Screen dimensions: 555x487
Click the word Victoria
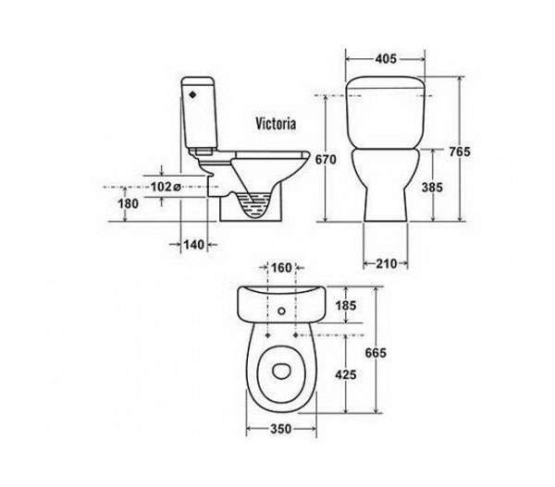pyautogui.click(x=276, y=124)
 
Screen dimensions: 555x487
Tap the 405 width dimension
pyautogui.click(x=386, y=59)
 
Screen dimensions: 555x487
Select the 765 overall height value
pyautogui.click(x=460, y=152)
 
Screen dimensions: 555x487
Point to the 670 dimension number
pyautogui.click(x=326, y=160)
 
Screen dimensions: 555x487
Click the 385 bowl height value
pyautogui.click(x=432, y=187)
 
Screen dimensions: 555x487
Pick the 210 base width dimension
pyautogui.click(x=386, y=263)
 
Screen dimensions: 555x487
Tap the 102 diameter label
pyautogui.click(x=166, y=187)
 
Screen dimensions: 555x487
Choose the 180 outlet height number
pyautogui.click(x=128, y=203)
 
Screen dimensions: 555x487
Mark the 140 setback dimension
pyautogui.click(x=194, y=244)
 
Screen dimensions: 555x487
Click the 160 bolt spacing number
pyautogui.click(x=281, y=268)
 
